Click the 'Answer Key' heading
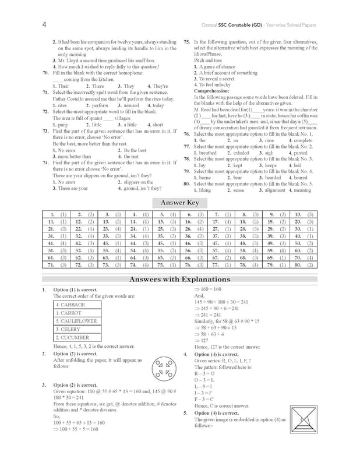[180, 203]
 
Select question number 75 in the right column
[187, 43]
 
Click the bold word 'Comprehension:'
[213, 91]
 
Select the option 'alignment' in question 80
[275, 190]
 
